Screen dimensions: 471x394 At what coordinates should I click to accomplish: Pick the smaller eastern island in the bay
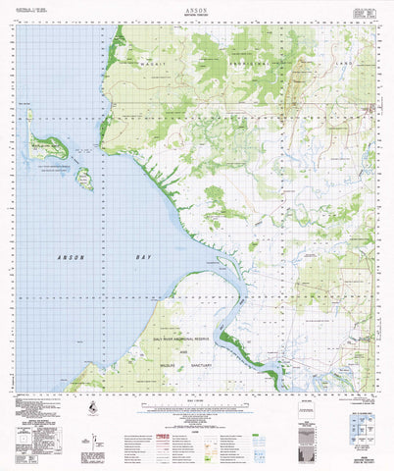[84, 179]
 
